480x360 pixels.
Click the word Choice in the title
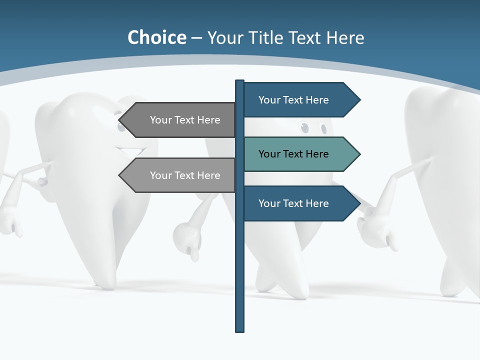click(156, 37)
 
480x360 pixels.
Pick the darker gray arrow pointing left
click(180, 120)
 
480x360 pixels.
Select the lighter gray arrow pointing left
click(180, 175)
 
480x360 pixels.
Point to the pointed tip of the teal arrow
click(359, 154)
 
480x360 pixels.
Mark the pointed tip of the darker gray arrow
click(120, 120)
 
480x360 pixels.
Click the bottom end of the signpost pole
click(239, 330)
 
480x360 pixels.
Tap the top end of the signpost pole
click(239, 81)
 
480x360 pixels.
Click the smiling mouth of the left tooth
click(131, 149)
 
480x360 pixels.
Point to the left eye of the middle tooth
click(304, 128)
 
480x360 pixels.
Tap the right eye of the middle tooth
click(323, 129)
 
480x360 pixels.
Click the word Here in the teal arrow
click(316, 154)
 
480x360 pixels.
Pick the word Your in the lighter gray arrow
click(160, 175)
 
